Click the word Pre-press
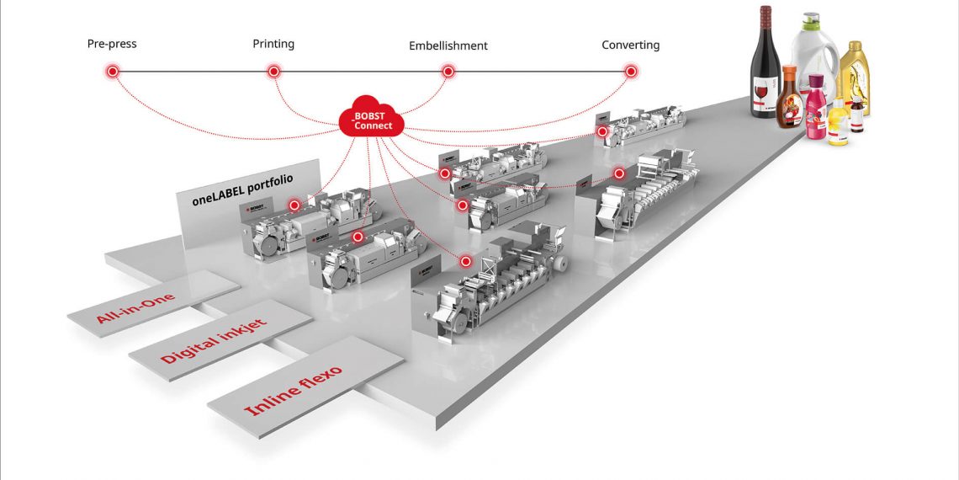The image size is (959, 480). [112, 43]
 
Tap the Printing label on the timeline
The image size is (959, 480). [273, 43]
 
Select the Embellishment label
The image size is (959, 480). [448, 45]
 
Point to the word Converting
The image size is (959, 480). [630, 45]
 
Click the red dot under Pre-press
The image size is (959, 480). [112, 72]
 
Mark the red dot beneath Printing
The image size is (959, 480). [273, 72]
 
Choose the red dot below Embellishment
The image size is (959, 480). [448, 72]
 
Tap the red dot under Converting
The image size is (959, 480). [630, 72]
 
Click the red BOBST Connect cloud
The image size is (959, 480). [372, 120]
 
